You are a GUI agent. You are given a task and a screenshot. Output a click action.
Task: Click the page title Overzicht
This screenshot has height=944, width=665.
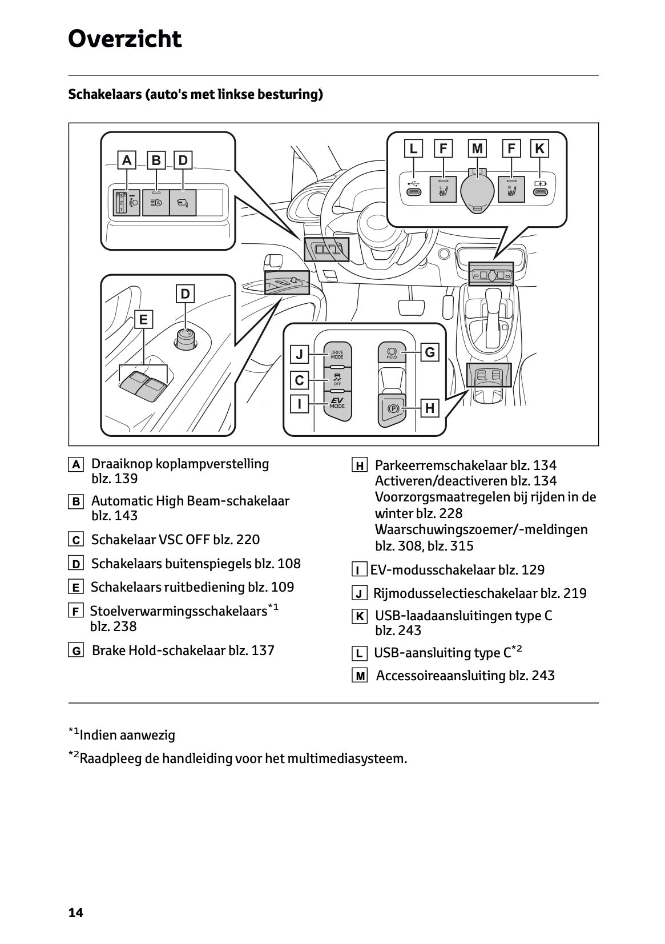[124, 39]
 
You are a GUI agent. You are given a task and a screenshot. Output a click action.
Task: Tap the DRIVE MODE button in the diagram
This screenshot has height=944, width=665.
[337, 354]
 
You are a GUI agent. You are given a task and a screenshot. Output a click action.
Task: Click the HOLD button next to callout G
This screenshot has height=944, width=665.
[392, 352]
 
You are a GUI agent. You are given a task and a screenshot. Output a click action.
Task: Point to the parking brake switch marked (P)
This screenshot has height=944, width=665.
[392, 408]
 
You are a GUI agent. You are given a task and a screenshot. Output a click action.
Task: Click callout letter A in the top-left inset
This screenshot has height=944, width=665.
[127, 160]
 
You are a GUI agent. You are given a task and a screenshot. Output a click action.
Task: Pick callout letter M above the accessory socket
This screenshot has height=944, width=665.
[477, 149]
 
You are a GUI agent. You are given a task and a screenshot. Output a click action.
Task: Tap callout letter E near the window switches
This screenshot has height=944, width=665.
[143, 319]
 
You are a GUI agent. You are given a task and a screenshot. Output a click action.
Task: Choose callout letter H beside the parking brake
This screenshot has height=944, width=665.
[430, 408]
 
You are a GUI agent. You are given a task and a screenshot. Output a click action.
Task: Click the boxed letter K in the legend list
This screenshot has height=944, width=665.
[360, 617]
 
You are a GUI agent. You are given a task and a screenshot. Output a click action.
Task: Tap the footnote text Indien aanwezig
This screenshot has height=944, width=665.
[127, 735]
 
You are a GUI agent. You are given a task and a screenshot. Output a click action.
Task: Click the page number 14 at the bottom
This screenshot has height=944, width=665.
[75, 913]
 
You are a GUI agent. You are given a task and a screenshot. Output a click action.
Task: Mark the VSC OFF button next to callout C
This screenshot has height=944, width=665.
[337, 379]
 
